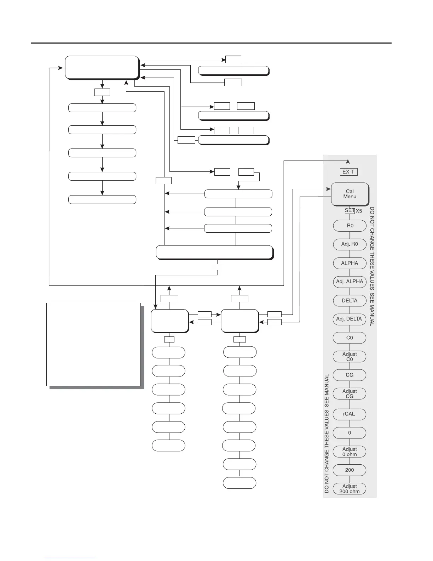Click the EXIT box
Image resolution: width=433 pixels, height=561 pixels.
348,172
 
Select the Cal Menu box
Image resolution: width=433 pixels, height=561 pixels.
350,194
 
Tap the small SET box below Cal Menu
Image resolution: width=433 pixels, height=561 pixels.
350,210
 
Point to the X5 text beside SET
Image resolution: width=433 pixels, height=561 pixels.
359,211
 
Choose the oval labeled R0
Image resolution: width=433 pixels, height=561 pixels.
350,226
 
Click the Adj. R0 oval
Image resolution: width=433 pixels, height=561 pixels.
350,244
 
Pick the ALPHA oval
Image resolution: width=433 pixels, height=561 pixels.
350,263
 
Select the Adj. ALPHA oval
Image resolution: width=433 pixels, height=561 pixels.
350,282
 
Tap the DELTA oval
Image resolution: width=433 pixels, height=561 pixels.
350,301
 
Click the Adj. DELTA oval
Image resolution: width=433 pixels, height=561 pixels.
350,319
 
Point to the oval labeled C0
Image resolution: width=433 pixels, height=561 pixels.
350,338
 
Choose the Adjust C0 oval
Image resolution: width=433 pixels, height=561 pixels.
350,357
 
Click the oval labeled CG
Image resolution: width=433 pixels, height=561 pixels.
350,375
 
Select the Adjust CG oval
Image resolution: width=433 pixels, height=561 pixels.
350,394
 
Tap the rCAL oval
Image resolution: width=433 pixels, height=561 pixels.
350,414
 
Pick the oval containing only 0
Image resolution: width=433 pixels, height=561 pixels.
350,433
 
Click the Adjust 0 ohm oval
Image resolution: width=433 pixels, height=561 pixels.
350,452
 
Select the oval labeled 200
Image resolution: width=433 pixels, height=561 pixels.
350,470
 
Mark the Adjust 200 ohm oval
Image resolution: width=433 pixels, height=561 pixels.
350,489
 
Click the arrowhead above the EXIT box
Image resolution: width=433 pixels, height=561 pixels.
348,162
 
